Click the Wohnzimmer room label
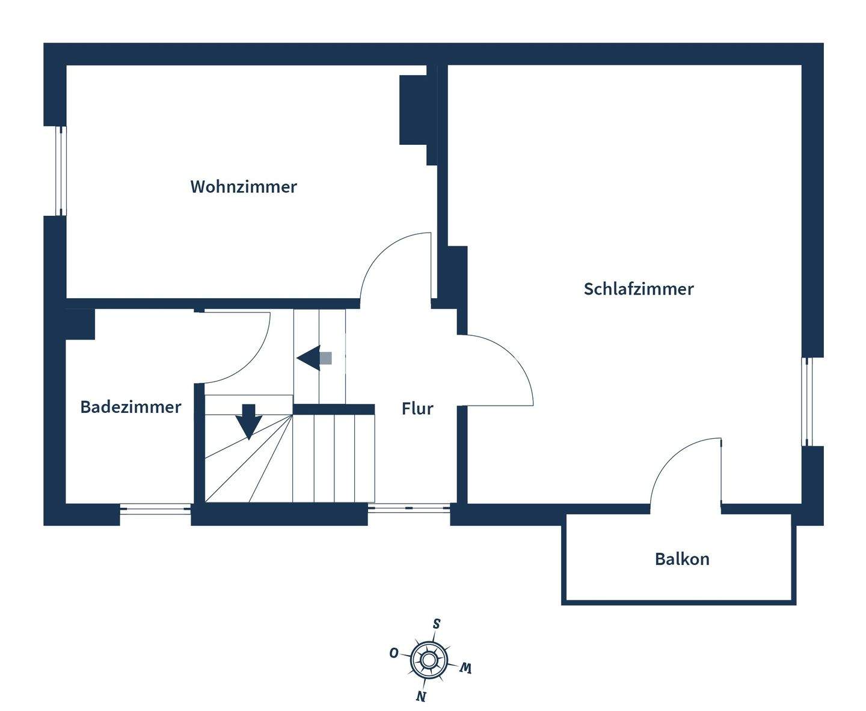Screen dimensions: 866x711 [x=244, y=187]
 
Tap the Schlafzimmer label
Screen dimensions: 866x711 [x=639, y=289]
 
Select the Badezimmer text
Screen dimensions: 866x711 [x=131, y=407]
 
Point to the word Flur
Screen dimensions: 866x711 [x=417, y=409]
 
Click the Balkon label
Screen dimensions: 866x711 [x=682, y=559]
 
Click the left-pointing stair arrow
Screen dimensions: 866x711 [x=314, y=358]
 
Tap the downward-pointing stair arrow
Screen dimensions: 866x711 [x=249, y=422]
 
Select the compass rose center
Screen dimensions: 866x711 [x=428, y=661]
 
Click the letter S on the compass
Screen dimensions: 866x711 [x=437, y=624]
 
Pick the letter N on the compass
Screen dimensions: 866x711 [x=420, y=696]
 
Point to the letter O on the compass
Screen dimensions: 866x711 [x=394, y=653]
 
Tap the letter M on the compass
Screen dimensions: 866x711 [x=465, y=668]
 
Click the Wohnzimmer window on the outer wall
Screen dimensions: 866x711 [x=60, y=171]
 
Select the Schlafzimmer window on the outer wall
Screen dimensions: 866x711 [x=807, y=401]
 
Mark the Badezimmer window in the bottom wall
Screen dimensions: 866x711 [x=156, y=508]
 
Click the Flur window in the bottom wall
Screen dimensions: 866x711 [x=409, y=508]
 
